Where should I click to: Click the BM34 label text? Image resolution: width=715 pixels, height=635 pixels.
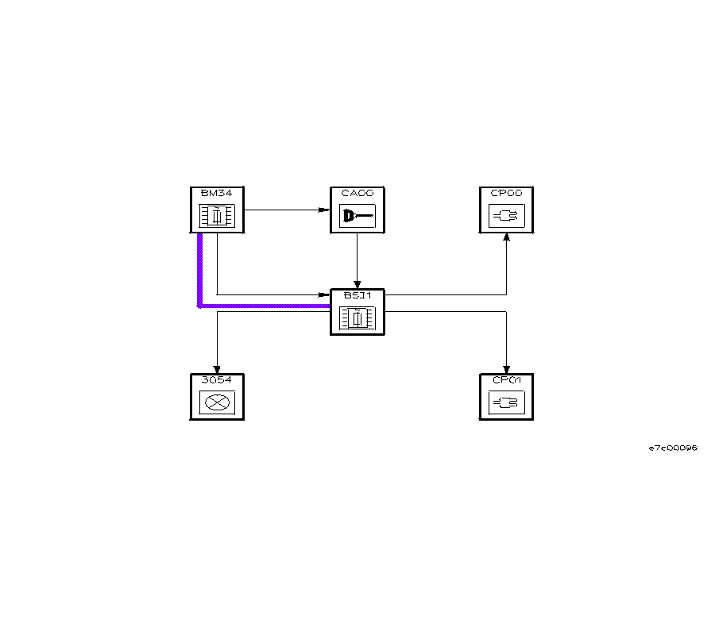click(211, 192)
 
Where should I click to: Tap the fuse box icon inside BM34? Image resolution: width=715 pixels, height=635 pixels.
click(216, 216)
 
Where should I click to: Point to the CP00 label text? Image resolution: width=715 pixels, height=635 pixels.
click(506, 192)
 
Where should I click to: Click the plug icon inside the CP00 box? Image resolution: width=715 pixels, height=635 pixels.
click(506, 216)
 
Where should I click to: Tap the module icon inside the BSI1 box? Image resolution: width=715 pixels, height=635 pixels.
click(357, 318)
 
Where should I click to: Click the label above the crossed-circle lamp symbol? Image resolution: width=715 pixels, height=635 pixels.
click(216, 379)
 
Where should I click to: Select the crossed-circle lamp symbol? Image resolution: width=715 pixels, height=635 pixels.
click(216, 403)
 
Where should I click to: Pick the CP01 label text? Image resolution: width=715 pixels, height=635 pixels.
click(506, 379)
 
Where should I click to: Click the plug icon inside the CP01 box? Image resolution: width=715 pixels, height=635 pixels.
click(506, 403)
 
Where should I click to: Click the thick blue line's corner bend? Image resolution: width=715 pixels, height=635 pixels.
click(200, 305)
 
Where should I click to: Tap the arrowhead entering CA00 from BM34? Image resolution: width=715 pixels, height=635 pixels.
click(326, 210)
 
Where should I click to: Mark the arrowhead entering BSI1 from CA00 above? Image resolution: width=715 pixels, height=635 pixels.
click(357, 284)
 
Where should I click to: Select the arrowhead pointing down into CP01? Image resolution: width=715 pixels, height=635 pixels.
click(506, 368)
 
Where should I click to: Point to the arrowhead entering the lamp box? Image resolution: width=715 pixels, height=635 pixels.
click(216, 368)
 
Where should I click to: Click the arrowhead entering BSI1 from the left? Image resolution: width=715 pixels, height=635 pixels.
click(326, 295)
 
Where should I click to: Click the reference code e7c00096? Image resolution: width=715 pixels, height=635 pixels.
click(673, 448)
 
